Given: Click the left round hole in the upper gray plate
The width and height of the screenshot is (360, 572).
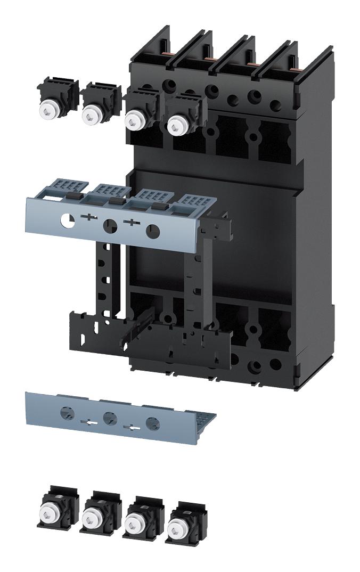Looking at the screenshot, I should [68, 220].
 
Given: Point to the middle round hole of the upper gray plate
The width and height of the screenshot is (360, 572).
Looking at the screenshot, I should [110, 226].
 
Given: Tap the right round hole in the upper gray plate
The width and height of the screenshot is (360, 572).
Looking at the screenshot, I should [152, 231].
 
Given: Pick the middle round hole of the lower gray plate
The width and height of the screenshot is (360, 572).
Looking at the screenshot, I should [110, 417].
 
